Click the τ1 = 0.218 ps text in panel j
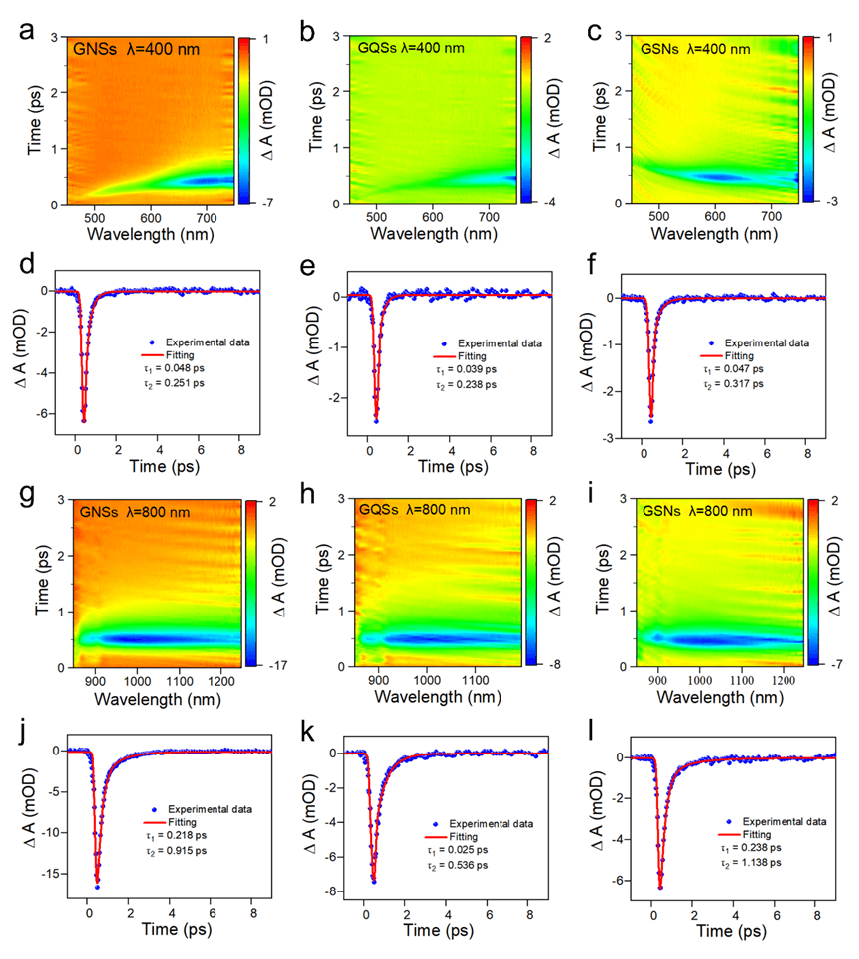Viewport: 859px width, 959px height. point(182,863)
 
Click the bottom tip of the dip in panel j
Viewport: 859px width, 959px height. point(97,887)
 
